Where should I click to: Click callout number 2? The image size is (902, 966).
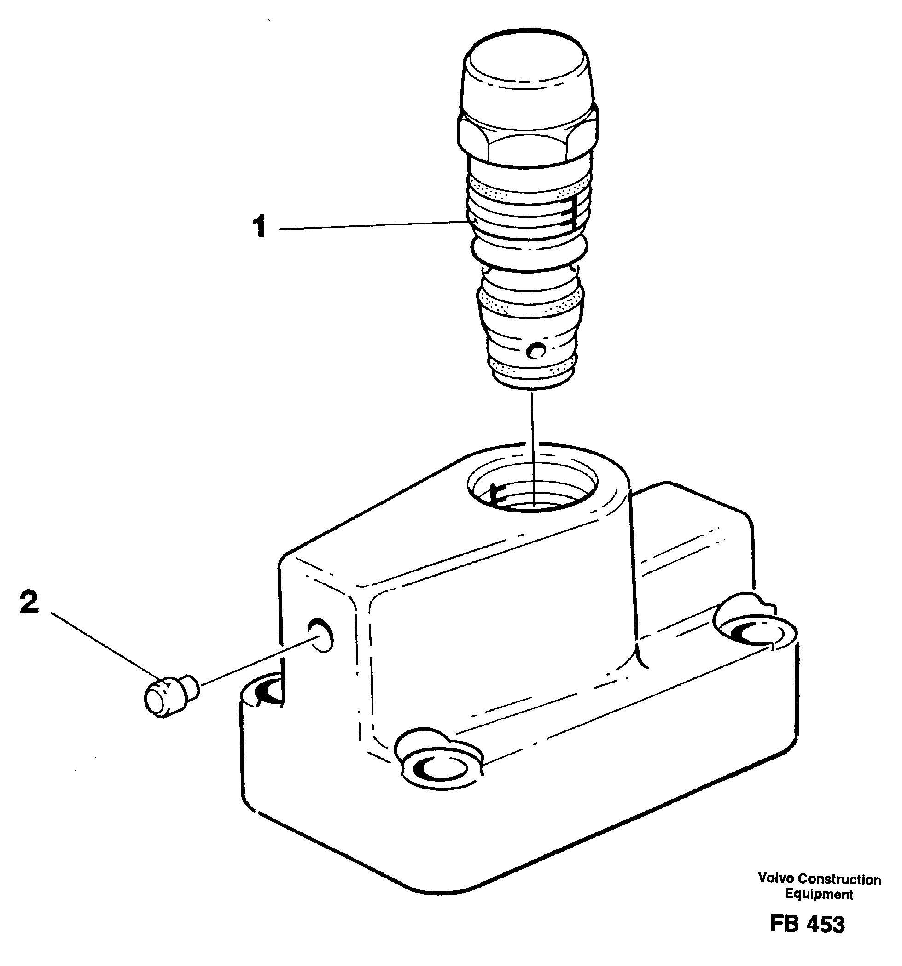coord(29,602)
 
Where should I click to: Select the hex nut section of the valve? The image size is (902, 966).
coord(528,141)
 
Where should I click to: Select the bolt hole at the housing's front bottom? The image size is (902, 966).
coord(437,767)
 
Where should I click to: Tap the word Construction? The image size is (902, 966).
coord(839,879)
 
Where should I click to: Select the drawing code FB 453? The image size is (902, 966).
coord(807,924)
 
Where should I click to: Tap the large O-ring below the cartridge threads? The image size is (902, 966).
coord(529,248)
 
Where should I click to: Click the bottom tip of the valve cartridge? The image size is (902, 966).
coord(533,384)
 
